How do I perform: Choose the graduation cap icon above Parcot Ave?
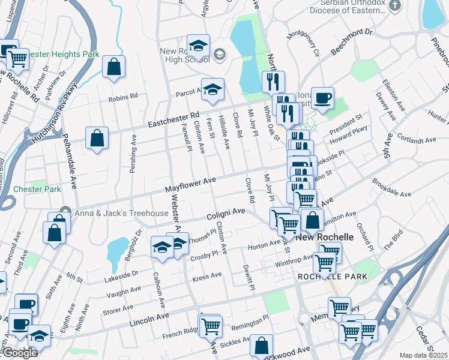(x=212, y=89)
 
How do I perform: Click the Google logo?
(x=20, y=353)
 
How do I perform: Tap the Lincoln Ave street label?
(x=149, y=319)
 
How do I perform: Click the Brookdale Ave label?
(x=391, y=188)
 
